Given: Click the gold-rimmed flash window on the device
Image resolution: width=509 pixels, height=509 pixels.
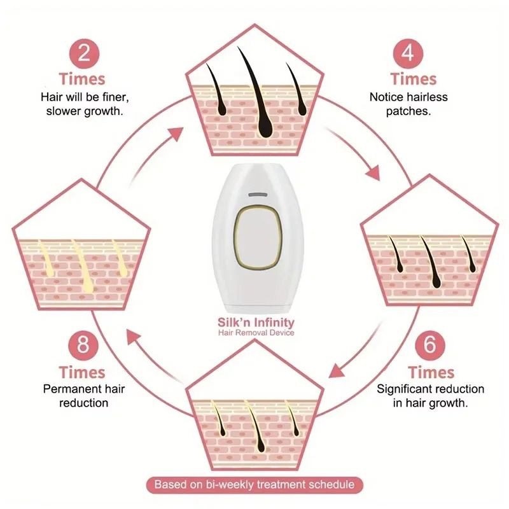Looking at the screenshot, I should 254,237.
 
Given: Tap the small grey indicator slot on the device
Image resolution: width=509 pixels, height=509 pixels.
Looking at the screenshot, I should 256,192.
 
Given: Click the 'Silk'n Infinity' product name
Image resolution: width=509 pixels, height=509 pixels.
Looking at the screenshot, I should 256,323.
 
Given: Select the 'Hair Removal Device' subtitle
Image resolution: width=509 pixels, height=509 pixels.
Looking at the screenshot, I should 256,333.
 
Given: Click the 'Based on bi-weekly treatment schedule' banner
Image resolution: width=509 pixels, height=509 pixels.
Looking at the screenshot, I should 254,485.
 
